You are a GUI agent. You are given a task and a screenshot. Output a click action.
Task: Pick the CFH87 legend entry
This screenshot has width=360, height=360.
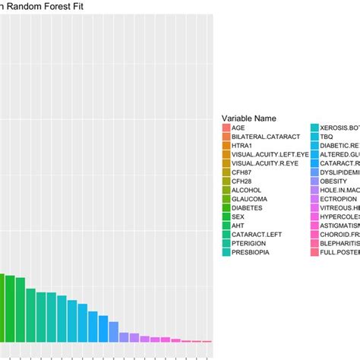point(245,172)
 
